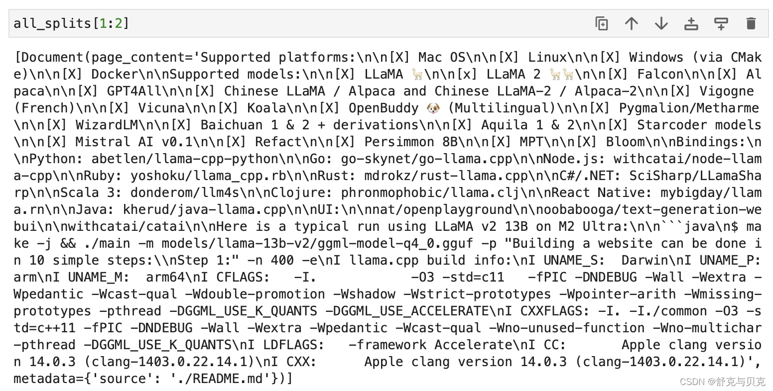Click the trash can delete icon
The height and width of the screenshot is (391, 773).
tap(751, 24)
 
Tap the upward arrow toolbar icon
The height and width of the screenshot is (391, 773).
tap(632, 24)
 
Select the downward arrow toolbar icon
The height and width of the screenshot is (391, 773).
tap(661, 24)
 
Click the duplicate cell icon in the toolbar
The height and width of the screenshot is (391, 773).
tap(602, 24)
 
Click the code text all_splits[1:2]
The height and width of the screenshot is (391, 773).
tap(71, 24)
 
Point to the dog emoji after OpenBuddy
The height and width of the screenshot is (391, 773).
tap(433, 108)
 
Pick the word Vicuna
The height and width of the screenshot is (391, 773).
tap(161, 108)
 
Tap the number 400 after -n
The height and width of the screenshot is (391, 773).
tap(282, 260)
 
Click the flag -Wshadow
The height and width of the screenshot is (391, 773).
tap(364, 294)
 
